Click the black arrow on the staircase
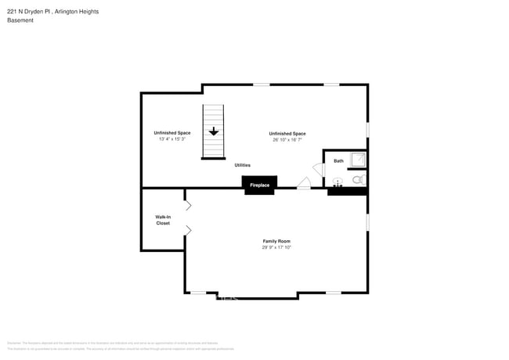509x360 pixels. pos(213,132)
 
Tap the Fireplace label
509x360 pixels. pos(259,185)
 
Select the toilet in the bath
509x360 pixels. pos(358,180)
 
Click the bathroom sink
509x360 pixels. pos(338,182)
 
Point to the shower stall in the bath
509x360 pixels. pos(357,160)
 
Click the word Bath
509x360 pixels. pos(338,160)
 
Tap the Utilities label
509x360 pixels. pos(243,165)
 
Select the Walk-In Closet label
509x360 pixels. pos(163,220)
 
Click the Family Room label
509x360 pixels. pos(276,241)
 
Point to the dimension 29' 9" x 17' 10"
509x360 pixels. pos(276,247)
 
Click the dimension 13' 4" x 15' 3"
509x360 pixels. pos(171,139)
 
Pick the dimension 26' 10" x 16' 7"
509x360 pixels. pos(287,139)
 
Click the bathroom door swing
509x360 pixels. pos(319,169)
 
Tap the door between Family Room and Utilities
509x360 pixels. pos(303,183)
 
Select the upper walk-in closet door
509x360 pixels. pos(188,205)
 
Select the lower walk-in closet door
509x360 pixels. pos(188,230)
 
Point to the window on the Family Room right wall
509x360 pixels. pos(367,222)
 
